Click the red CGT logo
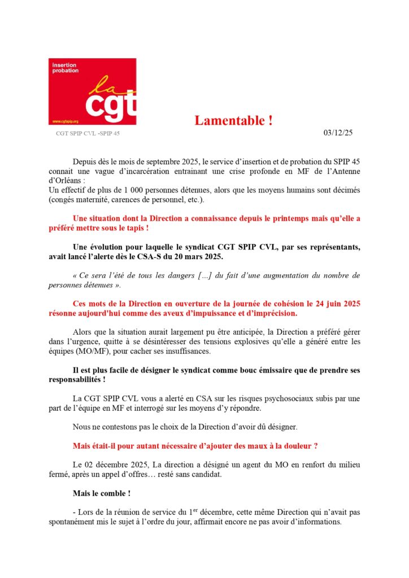pos(92,91)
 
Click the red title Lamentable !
pos(234,120)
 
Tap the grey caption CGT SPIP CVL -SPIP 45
pos(88,134)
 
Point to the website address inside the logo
pos(65,121)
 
